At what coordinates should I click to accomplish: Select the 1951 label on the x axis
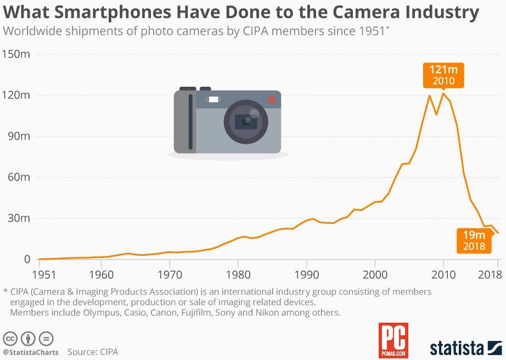click(40, 273)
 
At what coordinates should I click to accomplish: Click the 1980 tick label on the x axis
click(238, 273)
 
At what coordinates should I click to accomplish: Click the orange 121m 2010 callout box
click(443, 75)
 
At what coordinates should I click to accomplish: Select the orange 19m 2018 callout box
click(474, 240)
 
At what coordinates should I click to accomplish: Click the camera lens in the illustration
click(246, 121)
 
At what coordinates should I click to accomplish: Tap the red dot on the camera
click(271, 99)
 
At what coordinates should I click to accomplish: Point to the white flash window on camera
click(213, 99)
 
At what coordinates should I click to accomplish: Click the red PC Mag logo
click(393, 340)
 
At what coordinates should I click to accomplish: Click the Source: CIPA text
click(93, 352)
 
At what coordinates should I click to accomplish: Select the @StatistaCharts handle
click(31, 352)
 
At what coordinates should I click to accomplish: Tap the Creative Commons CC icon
click(9, 338)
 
